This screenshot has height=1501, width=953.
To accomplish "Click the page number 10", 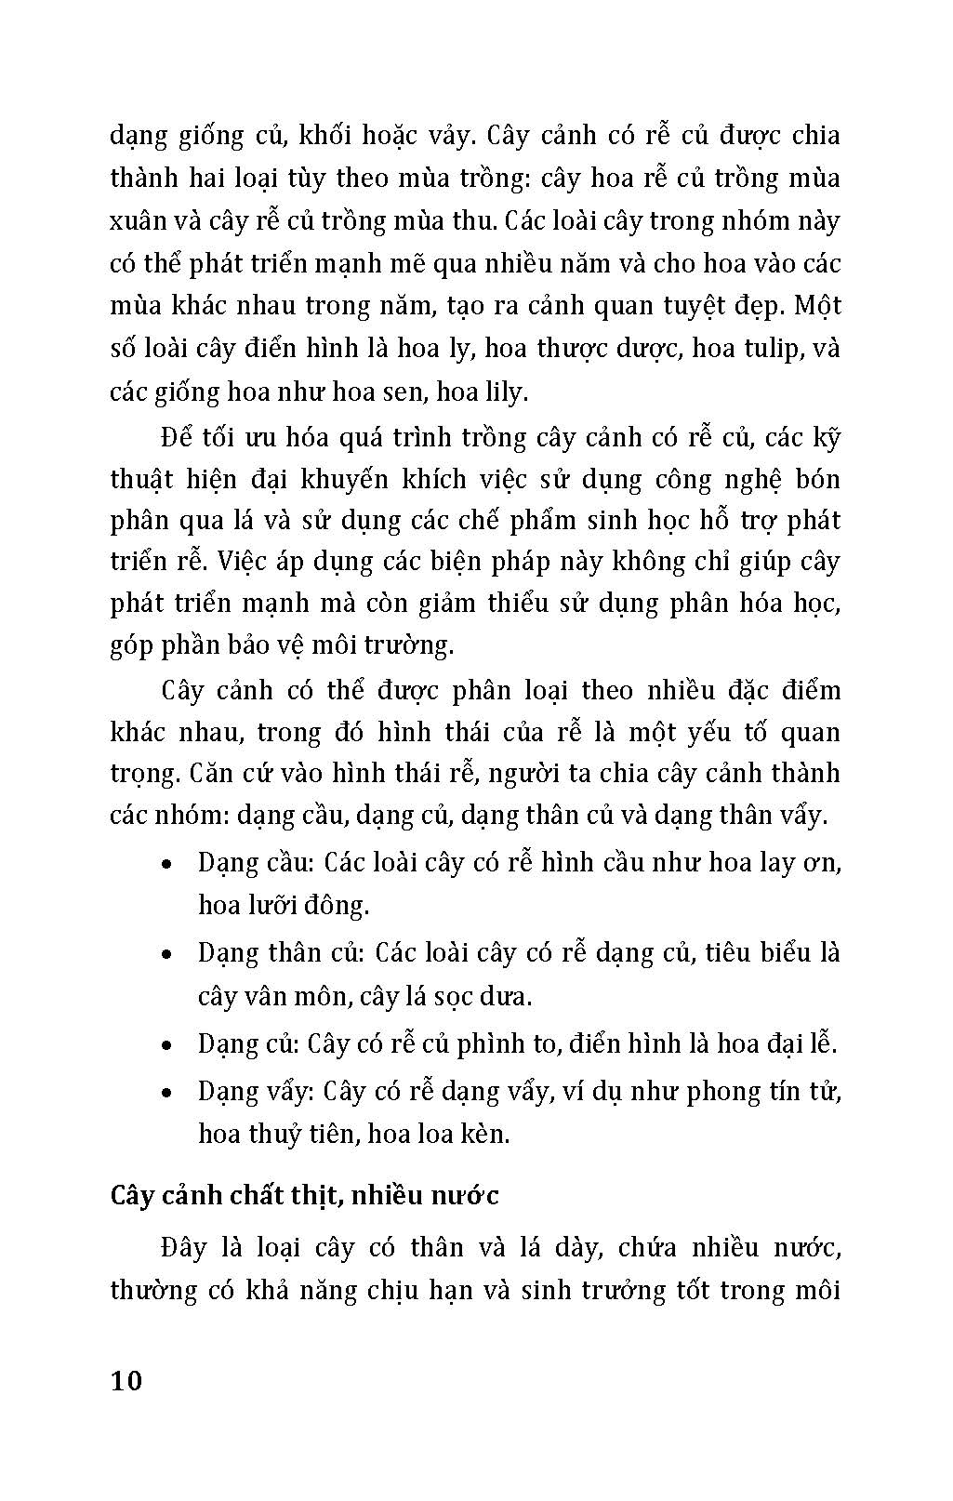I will (x=126, y=1380).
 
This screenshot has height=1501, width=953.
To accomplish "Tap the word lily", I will (x=505, y=392).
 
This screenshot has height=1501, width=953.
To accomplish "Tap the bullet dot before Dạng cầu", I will (x=165, y=864).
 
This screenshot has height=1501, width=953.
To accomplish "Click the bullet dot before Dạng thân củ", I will (x=165, y=954).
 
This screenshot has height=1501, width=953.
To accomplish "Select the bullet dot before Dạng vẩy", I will (x=165, y=1092).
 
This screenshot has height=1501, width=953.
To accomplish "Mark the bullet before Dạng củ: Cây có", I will (x=165, y=1045).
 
